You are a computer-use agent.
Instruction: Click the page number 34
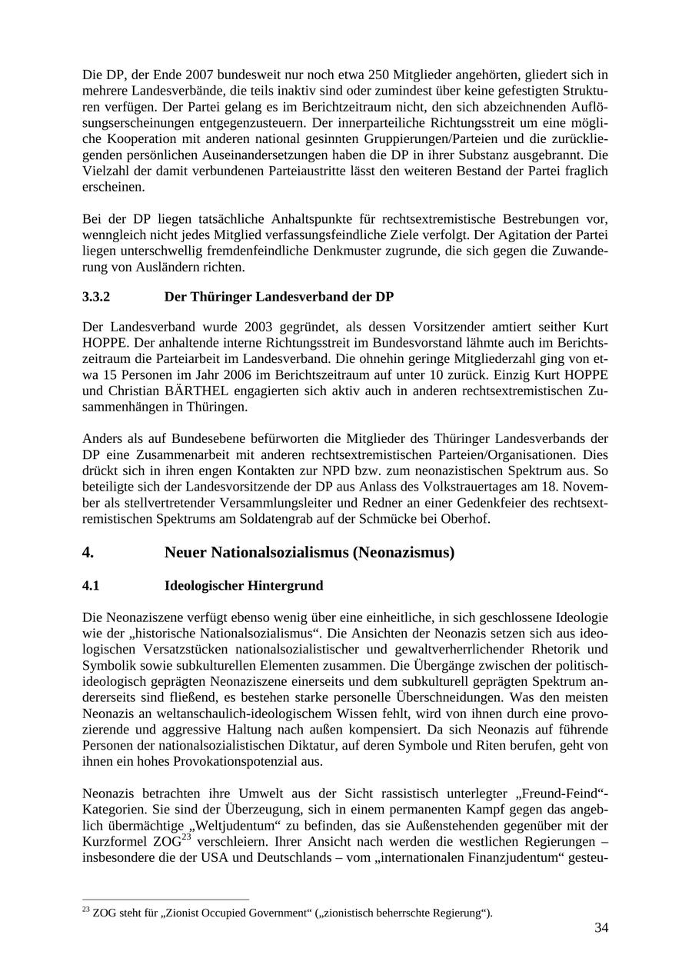601,928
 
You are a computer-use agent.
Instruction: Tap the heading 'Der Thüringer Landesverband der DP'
279,297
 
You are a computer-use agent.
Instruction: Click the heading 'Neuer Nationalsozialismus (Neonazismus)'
309,553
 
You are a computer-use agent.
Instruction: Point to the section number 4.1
91,586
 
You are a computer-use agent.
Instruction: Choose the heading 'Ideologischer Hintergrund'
244,586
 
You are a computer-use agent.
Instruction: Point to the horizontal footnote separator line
165,900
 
